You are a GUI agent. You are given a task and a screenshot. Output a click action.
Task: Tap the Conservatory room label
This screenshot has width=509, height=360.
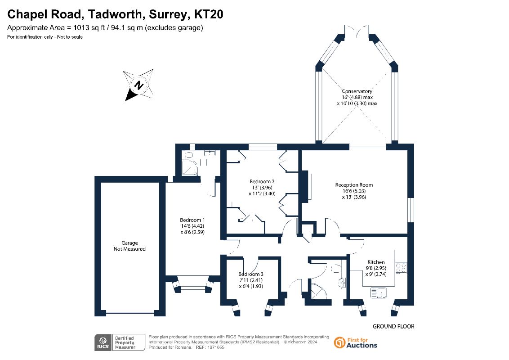357,91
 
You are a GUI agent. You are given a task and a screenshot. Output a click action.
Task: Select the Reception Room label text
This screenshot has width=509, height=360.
354,184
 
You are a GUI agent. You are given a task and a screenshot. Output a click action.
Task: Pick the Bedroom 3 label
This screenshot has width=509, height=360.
250,274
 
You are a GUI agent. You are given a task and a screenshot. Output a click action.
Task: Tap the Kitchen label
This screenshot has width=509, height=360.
376,262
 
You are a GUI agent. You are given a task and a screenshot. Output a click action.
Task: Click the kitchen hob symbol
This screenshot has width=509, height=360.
400,268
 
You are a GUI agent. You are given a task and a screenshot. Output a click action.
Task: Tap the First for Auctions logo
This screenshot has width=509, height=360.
356,342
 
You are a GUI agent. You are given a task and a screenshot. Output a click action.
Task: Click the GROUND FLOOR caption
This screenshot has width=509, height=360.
393,326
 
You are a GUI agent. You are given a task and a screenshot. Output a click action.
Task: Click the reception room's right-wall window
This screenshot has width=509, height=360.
410,210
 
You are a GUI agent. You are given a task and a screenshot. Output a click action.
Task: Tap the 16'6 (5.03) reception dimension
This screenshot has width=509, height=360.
354,191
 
